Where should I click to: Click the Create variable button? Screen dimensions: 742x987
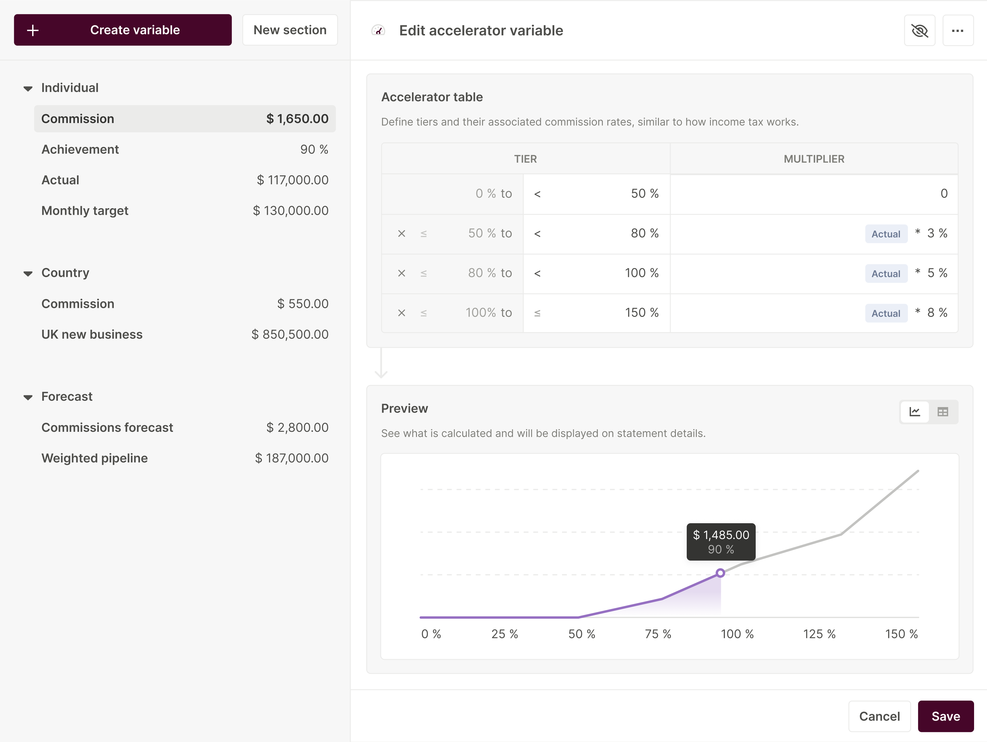coord(123,30)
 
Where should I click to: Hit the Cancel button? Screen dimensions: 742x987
coord(879,716)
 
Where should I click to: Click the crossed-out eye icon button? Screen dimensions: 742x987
coord(919,30)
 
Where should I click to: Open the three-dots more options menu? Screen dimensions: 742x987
coord(958,30)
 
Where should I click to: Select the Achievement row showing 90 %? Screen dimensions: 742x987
coord(185,149)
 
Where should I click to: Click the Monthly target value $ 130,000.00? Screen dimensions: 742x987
coord(290,211)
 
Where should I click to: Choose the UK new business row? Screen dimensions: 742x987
coord(185,334)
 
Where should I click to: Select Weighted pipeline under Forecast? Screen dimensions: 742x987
coord(185,458)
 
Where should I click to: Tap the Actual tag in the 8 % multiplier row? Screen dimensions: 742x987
coord(886,313)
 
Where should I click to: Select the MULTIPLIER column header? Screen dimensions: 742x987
coord(814,159)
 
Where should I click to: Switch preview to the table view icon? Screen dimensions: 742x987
coord(942,412)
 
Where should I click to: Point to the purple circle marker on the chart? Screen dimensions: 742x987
coord(720,573)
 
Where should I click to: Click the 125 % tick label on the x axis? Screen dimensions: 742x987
coord(819,634)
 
